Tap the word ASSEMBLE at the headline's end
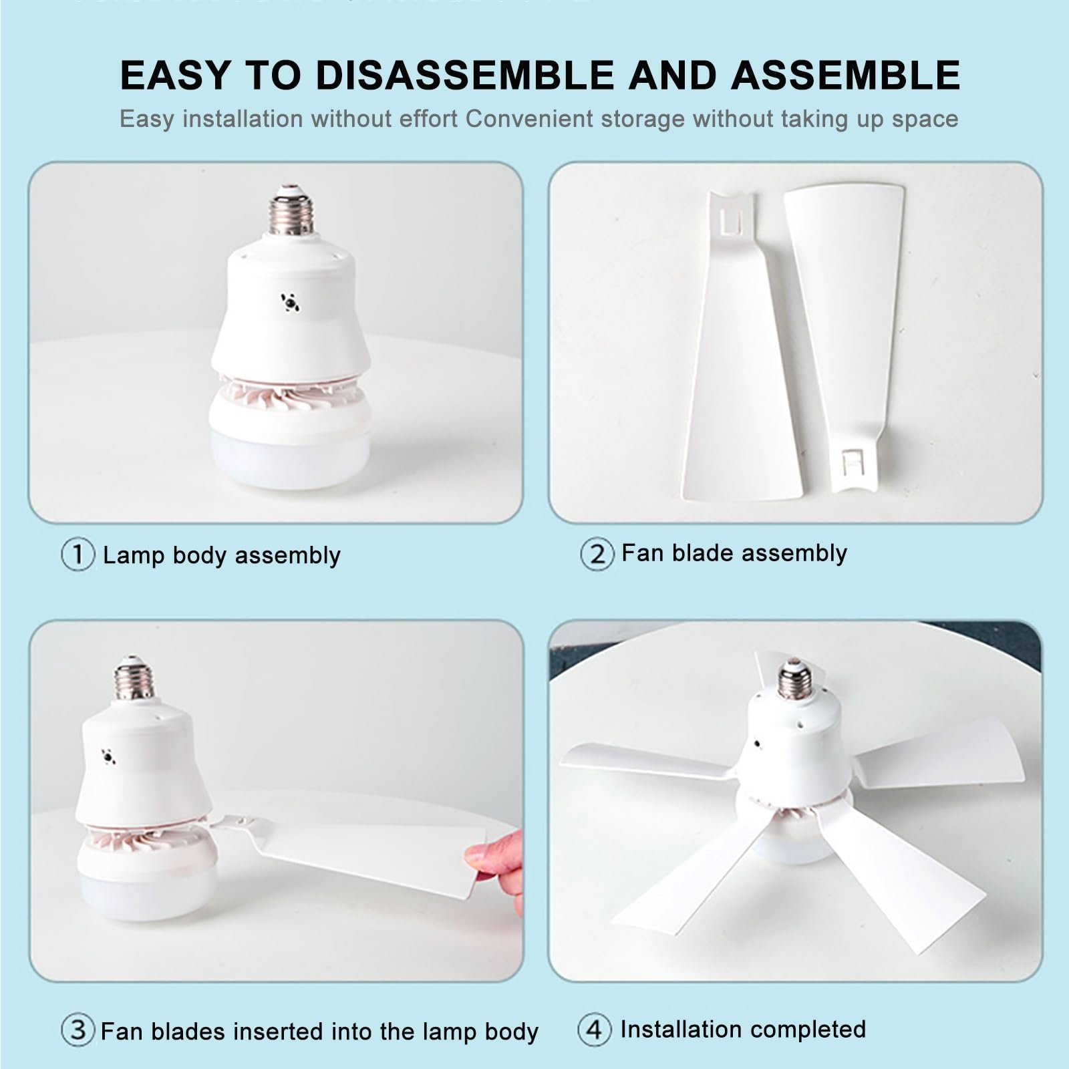845,74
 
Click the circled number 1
78,555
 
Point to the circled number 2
597,554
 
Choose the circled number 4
594,1029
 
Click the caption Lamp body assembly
222,555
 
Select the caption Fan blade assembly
734,553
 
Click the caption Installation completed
743,1029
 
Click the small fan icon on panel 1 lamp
290,303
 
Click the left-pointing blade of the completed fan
648,762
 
